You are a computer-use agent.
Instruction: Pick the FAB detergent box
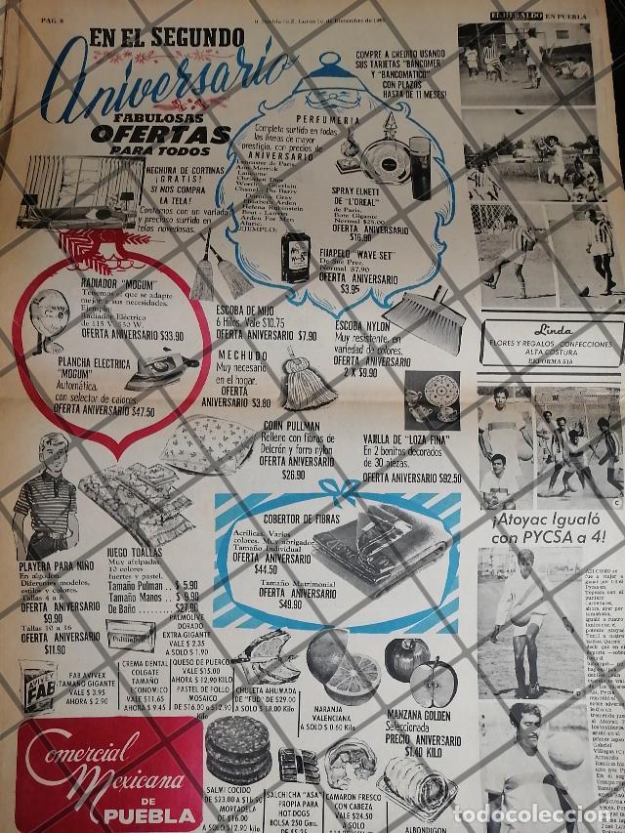[38, 685]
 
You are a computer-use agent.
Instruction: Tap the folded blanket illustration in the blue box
[370, 543]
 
